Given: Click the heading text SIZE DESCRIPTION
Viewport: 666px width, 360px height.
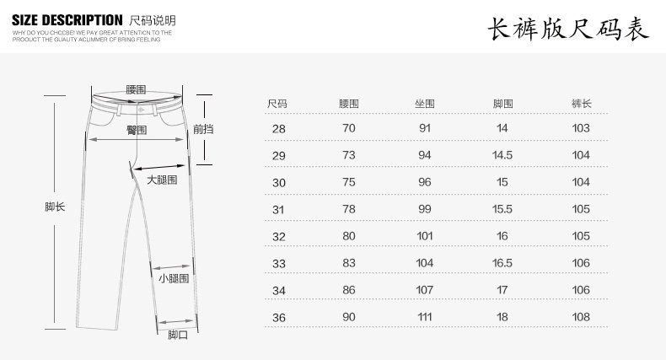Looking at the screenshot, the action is pos(67,19).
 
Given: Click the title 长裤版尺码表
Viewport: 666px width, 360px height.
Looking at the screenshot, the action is pos(568,30).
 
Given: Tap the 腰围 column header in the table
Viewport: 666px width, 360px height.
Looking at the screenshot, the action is pos(349,103).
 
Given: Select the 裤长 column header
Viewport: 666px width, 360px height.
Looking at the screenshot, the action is pos(581,103).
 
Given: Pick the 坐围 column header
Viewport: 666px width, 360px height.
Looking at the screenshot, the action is pos(424,103).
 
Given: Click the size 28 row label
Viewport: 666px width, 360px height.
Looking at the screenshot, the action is pos(278,128).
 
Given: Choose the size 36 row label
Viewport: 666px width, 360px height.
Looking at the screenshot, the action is pos(278,317).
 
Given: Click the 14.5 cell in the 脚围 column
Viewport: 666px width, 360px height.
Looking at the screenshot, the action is pos(502,155).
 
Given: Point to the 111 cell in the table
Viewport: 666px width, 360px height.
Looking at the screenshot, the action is pos(424,317).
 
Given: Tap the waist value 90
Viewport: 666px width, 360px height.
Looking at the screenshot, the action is pos(349,317).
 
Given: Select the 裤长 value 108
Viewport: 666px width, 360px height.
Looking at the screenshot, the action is pos(581,317).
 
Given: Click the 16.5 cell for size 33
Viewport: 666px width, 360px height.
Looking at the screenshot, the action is pos(502,263).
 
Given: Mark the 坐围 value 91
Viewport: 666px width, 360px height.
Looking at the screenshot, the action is pos(424,128).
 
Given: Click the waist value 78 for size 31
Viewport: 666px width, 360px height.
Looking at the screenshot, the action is pos(349,209).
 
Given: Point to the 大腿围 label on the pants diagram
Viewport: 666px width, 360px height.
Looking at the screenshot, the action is pos(161,180).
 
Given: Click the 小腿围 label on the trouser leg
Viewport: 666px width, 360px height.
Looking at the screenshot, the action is pos(173,277).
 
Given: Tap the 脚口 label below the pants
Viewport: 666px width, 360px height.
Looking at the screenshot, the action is pos(177,335).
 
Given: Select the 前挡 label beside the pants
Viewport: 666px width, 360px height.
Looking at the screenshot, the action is pos(203,129).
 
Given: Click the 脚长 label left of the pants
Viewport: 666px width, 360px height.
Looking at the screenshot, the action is pos(55,207).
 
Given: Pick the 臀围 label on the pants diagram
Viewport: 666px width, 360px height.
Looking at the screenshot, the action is pos(137,130).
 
